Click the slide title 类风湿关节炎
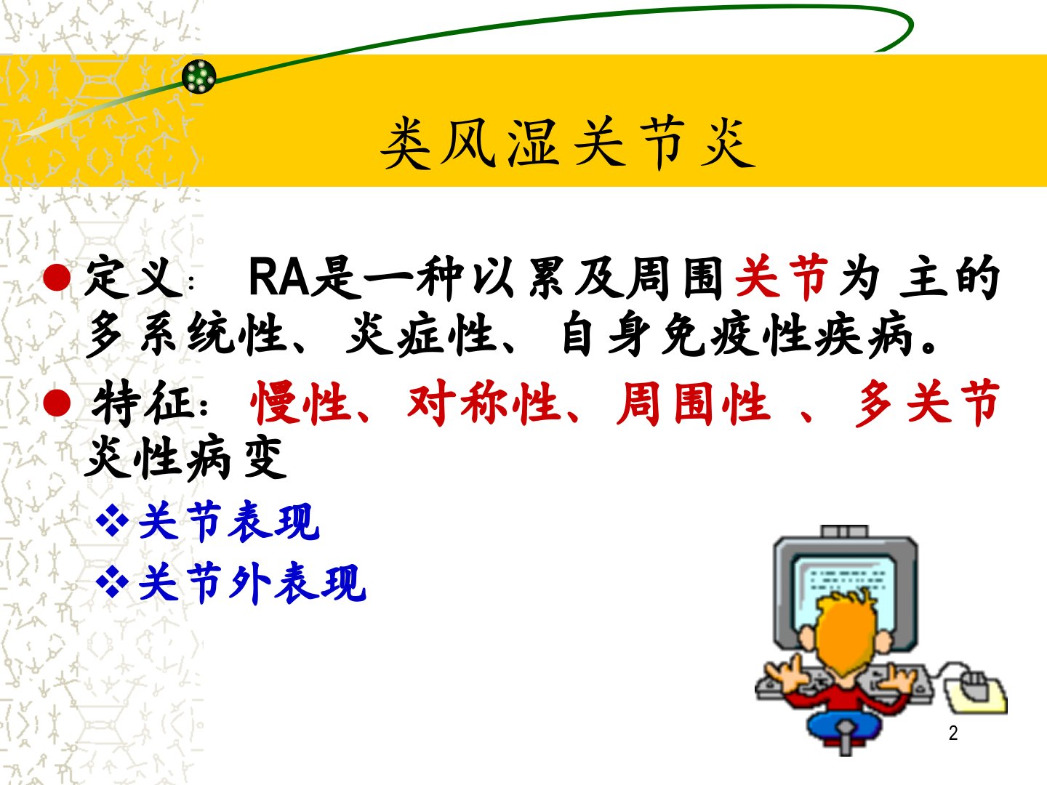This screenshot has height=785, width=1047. tap(568, 143)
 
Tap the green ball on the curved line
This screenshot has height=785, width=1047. tap(199, 76)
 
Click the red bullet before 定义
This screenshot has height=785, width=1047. tap(57, 278)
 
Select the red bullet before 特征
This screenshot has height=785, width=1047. tap(57, 403)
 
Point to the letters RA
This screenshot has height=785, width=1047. tap(279, 278)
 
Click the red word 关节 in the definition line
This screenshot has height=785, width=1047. tap(782, 278)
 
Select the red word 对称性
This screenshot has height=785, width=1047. tap(483, 403)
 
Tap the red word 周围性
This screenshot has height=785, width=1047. tap(693, 403)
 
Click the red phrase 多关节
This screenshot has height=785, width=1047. tap(927, 403)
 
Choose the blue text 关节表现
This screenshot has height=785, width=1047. tap(229, 522)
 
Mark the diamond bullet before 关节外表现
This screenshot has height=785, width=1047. tap(113, 581)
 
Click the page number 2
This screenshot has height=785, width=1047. tap(953, 733)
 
